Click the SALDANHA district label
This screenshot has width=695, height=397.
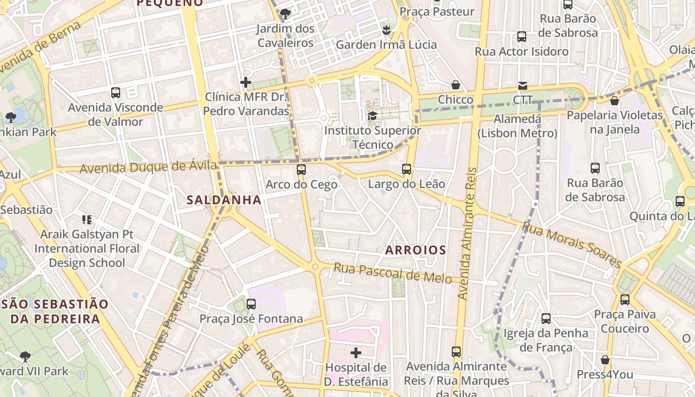(224, 200)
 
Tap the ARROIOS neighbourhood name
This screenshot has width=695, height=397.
(416, 250)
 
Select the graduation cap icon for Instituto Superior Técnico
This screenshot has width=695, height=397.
(372, 116)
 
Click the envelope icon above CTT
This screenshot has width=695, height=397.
(523, 86)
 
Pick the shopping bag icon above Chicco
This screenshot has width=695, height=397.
(456, 85)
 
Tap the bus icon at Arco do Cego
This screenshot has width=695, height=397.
(301, 170)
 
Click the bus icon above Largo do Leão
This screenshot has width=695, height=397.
(407, 169)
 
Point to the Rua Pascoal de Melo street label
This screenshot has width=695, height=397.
(392, 272)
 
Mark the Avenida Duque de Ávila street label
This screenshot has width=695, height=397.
(148, 167)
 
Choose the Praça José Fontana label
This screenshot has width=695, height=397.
(251, 319)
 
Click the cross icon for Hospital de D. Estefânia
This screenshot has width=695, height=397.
(356, 353)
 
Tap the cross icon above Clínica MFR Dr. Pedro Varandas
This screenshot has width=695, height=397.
(246, 82)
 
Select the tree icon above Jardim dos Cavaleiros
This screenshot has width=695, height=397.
(285, 14)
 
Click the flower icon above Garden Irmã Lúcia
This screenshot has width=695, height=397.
(386, 30)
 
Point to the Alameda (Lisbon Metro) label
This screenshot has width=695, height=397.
(517, 126)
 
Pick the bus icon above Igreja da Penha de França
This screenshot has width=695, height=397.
(546, 319)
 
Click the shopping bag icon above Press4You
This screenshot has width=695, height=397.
(605, 360)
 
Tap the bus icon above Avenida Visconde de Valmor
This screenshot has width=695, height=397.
(116, 93)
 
